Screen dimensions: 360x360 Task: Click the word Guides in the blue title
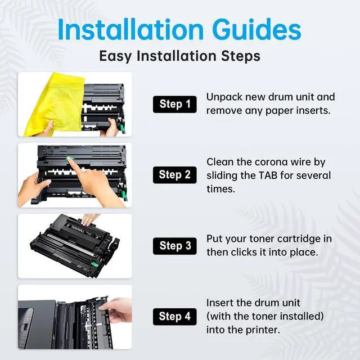click(256, 30)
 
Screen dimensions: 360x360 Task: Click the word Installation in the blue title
click(130, 29)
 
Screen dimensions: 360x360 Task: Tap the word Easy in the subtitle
click(115, 56)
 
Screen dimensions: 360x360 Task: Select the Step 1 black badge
click(175, 104)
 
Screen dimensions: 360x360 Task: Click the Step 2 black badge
click(175, 175)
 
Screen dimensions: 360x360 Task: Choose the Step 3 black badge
click(175, 246)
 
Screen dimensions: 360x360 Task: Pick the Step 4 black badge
click(175, 317)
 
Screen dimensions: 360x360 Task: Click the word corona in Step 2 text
click(271, 163)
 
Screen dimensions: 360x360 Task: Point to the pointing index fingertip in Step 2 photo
click(69, 159)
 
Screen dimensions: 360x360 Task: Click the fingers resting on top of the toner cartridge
click(89, 219)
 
